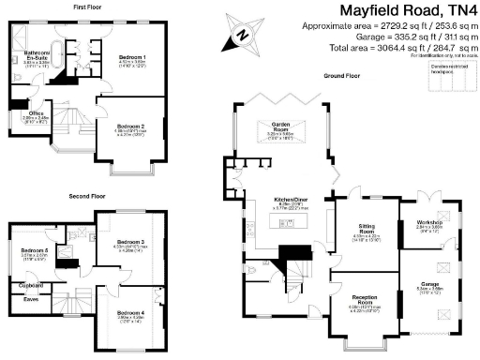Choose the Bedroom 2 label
pyautogui.click(x=130, y=125)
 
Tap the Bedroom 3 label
pyautogui.click(x=129, y=243)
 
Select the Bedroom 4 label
pyautogui.click(x=130, y=312)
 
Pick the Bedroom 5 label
pyautogui.click(x=35, y=251)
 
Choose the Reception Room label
pyautogui.click(x=365, y=302)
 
